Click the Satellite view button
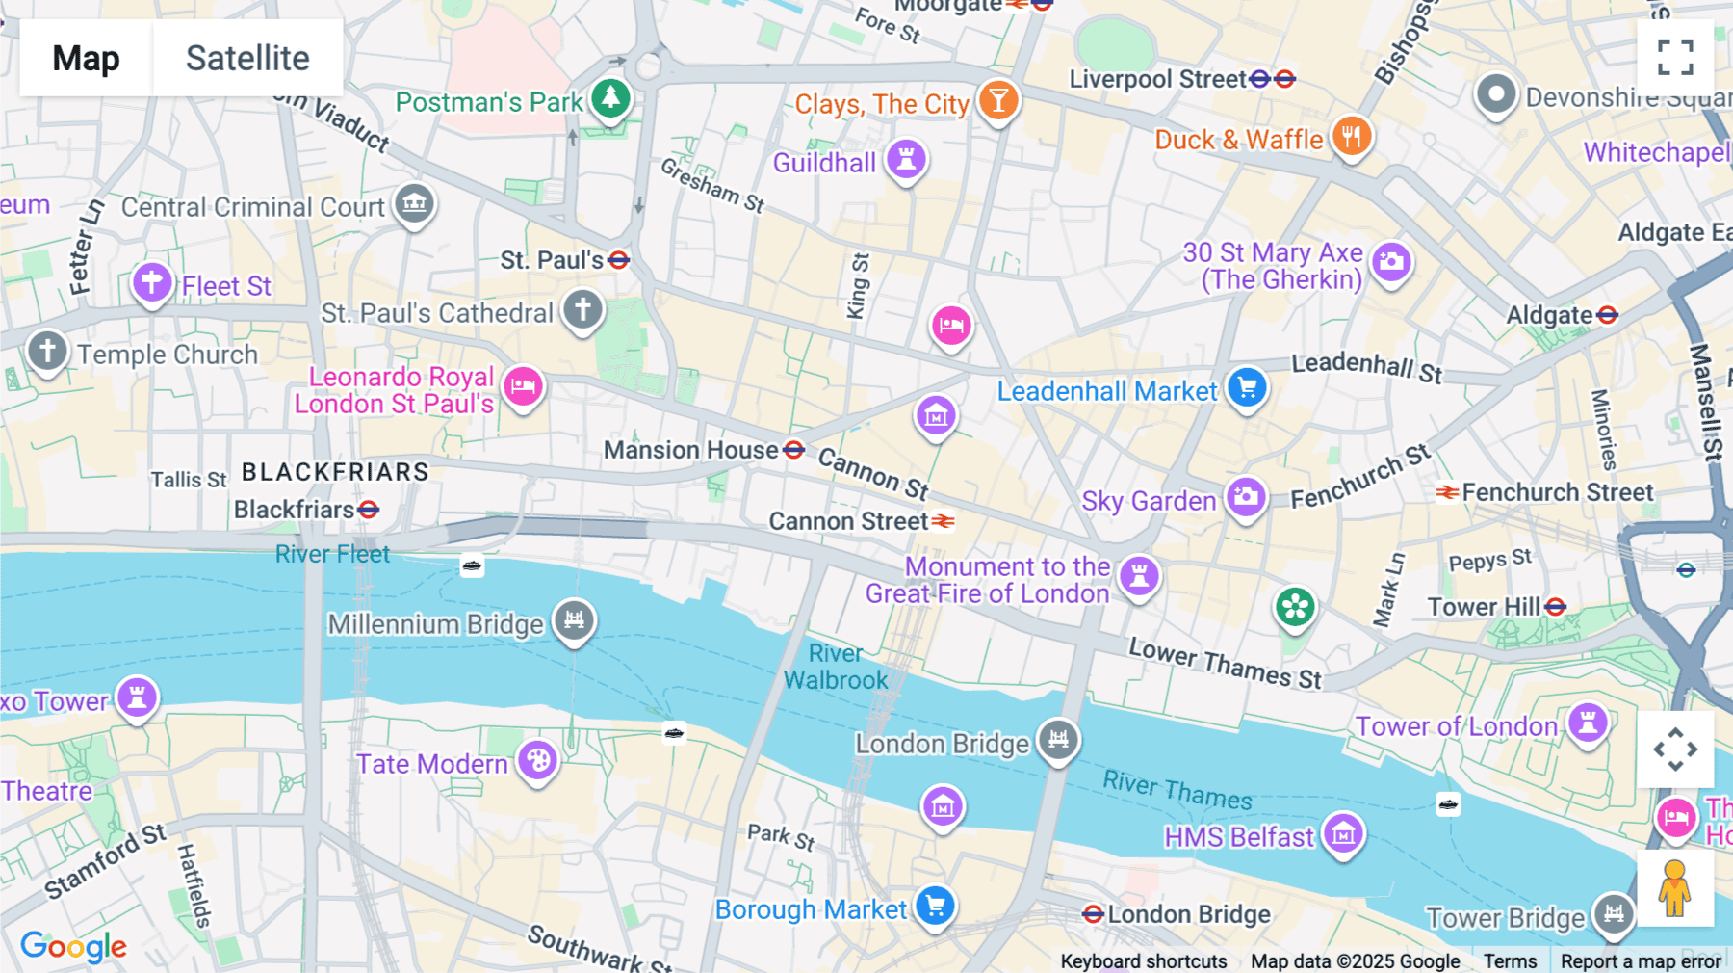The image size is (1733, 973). [247, 58]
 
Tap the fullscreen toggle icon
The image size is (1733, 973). [1675, 58]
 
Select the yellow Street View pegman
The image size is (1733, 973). [1675, 888]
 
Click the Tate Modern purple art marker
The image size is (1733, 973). [537, 761]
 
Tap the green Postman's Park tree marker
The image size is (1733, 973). [610, 97]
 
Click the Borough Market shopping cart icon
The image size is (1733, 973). [935, 906]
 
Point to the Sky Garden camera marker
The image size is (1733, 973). [1246, 497]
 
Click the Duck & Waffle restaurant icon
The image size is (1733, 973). [1352, 137]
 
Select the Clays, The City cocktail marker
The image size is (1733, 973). [998, 99]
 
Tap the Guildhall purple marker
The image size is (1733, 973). [906, 159]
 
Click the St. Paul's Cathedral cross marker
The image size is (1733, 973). [582, 310]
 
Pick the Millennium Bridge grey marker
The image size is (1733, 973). [575, 620]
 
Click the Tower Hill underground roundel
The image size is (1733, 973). [1555, 607]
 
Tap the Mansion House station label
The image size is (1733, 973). [690, 450]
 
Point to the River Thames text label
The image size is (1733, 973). [1177, 790]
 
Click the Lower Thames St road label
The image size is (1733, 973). [1225, 664]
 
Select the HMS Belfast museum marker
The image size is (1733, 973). [1343, 834]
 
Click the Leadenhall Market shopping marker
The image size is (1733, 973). [1247, 388]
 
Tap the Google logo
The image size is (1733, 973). [73, 947]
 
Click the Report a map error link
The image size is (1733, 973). [1640, 960]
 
